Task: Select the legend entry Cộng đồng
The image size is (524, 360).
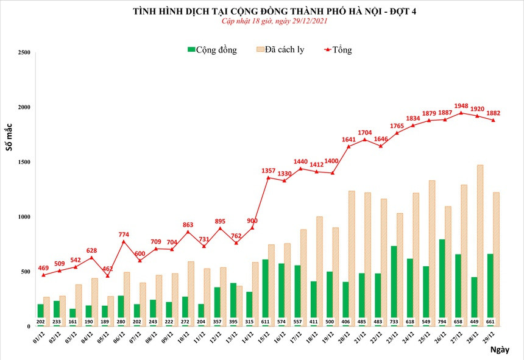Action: coord(213,49)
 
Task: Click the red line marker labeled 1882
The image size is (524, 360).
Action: coord(493,120)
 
